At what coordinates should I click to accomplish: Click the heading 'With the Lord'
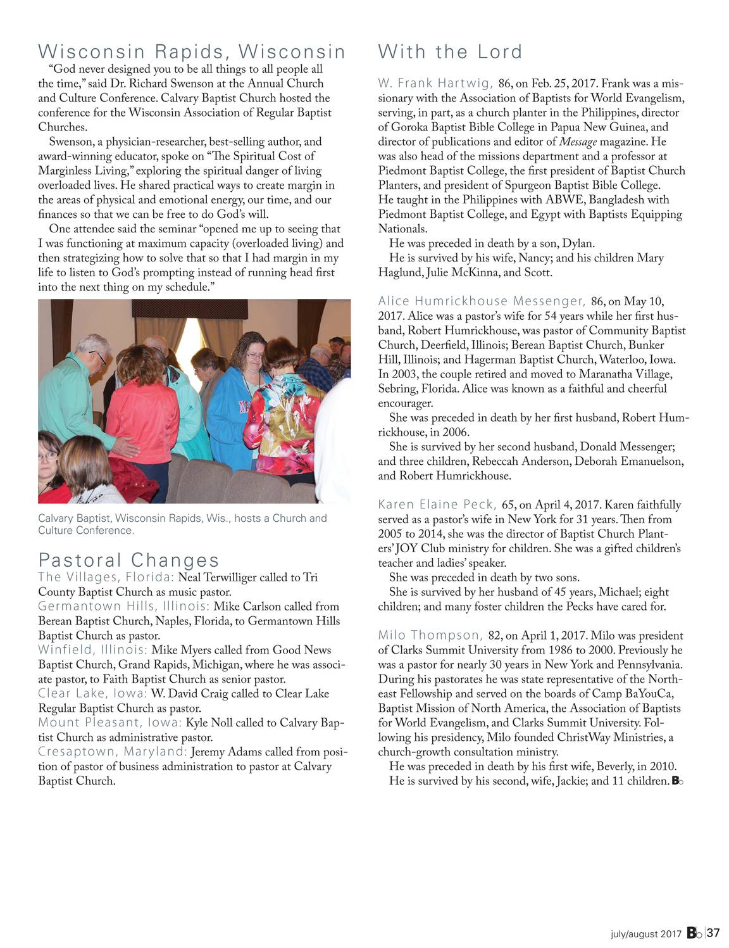click(x=450, y=52)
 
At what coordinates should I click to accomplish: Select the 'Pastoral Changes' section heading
click(x=128, y=560)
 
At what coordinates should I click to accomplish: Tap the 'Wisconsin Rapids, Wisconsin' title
click(x=192, y=51)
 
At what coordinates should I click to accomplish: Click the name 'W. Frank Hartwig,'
click(x=435, y=84)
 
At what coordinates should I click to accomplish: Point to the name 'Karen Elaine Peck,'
click(x=437, y=505)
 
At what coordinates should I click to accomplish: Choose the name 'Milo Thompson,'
click(x=430, y=635)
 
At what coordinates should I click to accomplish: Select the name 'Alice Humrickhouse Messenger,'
click(x=482, y=301)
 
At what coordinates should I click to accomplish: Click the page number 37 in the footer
click(x=713, y=933)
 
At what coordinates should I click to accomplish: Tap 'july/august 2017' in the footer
click(x=645, y=934)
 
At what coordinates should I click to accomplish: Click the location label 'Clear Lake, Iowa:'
click(x=92, y=693)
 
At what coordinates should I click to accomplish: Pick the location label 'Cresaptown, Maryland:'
click(x=113, y=752)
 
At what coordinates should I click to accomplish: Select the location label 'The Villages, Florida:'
click(x=106, y=577)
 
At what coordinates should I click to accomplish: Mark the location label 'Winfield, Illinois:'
click(x=92, y=650)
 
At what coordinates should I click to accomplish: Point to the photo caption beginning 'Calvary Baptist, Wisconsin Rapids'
click(x=182, y=524)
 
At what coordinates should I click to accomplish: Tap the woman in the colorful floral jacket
click(x=289, y=418)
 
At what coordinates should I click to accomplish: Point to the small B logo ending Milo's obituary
click(x=676, y=781)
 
